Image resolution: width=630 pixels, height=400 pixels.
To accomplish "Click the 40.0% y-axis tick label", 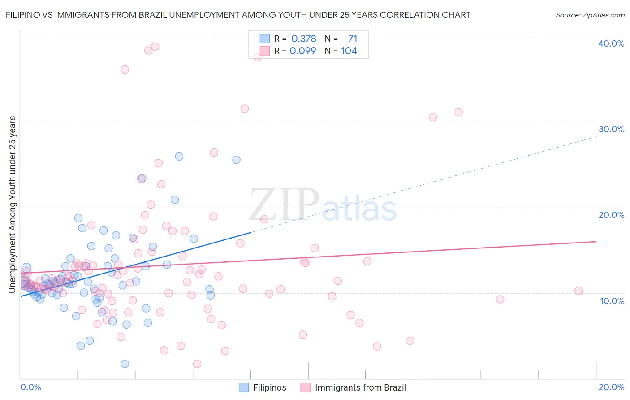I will tap(611, 43).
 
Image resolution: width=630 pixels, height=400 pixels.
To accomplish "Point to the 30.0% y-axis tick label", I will tap(611, 129).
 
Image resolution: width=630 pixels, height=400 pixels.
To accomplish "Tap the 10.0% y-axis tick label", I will tap(612, 300).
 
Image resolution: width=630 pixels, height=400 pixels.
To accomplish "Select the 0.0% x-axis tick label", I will tap(30, 387).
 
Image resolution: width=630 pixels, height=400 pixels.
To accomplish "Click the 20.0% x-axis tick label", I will tap(611, 387).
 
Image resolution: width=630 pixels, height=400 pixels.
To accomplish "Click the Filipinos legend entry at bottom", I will tap(269, 387).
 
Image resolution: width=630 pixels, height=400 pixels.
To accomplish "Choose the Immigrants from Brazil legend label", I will tap(360, 387).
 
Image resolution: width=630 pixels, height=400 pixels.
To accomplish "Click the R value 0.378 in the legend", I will tap(304, 39).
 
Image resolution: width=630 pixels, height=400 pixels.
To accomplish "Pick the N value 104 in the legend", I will tap(349, 51).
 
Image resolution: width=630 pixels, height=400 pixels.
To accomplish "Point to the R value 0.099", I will tap(303, 51).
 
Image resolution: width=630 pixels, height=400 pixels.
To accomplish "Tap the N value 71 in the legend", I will tap(353, 39).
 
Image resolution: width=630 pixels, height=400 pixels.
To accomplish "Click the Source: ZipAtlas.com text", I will tap(590, 15).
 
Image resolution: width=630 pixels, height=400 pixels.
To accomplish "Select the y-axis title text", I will tap(12, 204).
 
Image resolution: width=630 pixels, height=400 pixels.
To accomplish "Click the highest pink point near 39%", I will tap(155, 47).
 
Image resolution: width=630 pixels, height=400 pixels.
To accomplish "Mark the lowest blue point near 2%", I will tap(125, 364).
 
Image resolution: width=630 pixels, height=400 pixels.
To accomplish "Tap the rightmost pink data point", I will tap(578, 291).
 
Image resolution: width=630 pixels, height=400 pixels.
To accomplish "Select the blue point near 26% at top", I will tap(179, 157).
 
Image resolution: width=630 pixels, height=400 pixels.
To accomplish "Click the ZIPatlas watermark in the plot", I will tap(323, 205).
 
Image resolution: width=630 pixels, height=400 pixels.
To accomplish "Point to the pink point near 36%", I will tap(125, 70).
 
